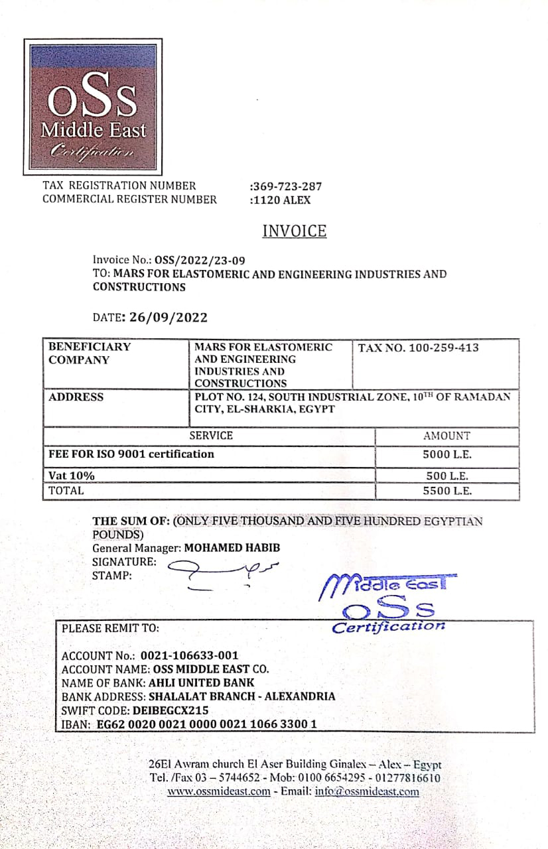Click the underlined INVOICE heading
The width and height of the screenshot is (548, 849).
click(295, 231)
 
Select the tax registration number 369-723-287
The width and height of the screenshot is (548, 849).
click(287, 186)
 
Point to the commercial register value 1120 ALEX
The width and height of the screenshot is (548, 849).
click(281, 200)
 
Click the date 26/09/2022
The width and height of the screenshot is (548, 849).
click(169, 317)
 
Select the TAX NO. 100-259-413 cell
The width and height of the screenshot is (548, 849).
click(418, 348)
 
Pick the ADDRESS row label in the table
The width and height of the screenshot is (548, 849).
click(76, 397)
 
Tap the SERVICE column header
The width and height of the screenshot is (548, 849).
click(211, 436)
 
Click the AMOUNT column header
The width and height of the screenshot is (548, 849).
click(446, 436)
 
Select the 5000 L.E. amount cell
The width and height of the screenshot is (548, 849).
click(446, 455)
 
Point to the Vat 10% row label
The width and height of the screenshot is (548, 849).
click(72, 476)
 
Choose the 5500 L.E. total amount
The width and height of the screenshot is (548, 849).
click(446, 491)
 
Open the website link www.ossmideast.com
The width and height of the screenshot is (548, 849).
click(218, 791)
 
